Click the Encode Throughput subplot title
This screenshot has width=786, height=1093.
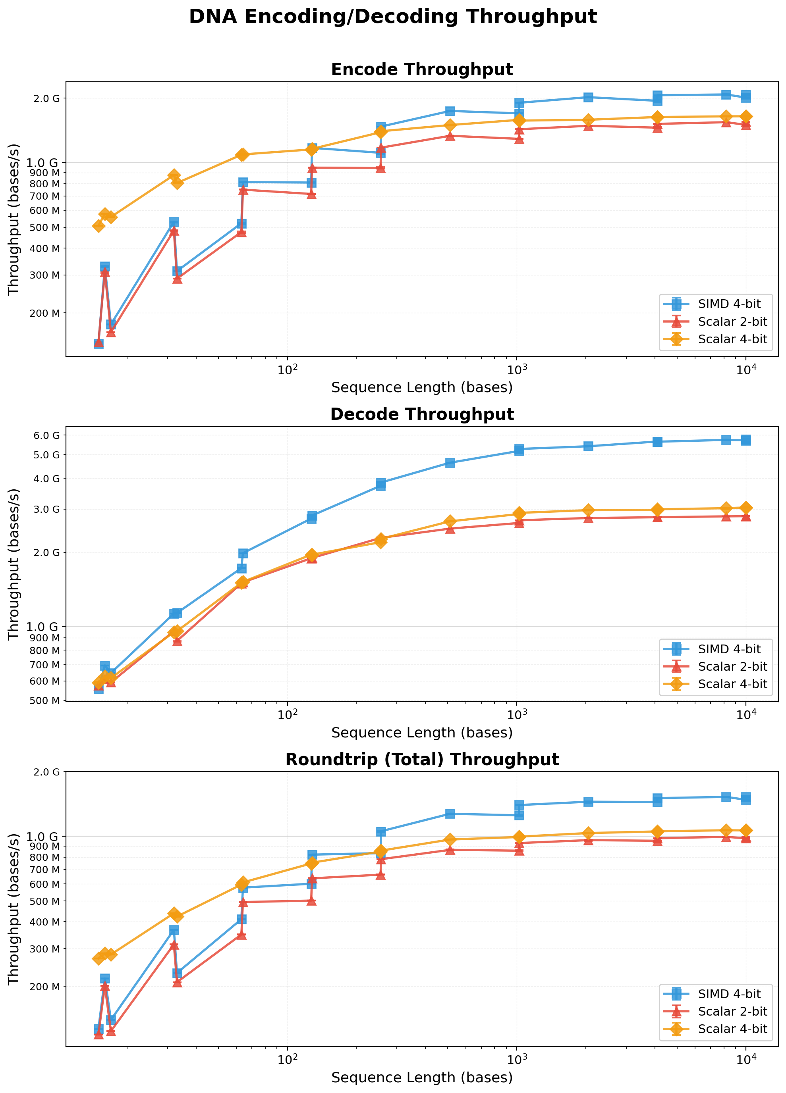point(421,69)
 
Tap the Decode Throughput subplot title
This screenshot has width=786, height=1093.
point(421,414)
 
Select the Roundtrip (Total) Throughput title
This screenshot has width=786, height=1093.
point(421,760)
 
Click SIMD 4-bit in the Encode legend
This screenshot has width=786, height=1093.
point(729,304)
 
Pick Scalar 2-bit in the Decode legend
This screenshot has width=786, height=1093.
point(732,666)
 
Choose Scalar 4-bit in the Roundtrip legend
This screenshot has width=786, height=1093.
point(732,1029)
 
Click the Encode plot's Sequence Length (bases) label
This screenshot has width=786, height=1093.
point(421,387)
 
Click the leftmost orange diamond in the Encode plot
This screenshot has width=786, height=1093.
point(98,225)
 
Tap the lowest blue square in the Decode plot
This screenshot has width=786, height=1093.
point(98,689)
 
